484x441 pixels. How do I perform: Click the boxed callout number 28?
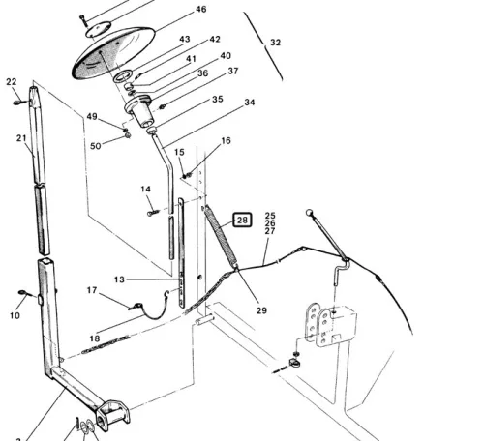[242, 220]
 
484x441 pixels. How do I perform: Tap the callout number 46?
[200, 10]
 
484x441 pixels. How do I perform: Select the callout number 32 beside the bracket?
[275, 43]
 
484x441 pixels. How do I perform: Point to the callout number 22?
[12, 82]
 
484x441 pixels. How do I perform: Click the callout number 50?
[96, 146]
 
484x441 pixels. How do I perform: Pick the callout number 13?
[119, 279]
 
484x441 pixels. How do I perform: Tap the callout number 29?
[261, 310]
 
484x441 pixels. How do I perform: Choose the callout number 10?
[15, 315]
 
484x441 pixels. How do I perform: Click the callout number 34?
[250, 103]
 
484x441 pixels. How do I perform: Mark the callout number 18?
[95, 338]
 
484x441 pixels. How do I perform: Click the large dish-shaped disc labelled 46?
[112, 51]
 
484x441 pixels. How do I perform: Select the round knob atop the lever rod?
[309, 213]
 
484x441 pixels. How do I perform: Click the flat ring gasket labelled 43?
[123, 76]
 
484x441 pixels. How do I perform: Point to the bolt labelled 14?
[153, 213]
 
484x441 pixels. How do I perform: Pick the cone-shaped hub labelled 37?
[140, 111]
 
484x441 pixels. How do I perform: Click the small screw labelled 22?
[19, 103]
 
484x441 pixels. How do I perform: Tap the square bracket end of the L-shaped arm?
[112, 415]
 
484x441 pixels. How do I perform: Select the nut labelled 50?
[128, 135]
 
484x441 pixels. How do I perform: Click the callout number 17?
[92, 290]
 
